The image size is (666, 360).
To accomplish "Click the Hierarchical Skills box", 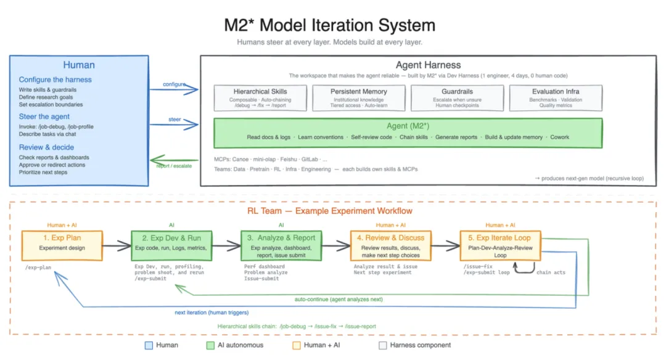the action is coord(260,98).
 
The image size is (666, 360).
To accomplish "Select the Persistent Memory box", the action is coord(359,98).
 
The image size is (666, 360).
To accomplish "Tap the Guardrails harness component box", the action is coord(457,98).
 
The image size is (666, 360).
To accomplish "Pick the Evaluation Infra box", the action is coord(556,98).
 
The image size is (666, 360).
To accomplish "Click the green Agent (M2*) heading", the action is coord(408,126).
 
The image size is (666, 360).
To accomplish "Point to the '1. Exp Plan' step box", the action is coord(62,245).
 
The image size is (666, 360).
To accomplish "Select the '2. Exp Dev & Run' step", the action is coord(171,245).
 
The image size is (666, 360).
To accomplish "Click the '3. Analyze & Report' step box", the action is coord(281,245).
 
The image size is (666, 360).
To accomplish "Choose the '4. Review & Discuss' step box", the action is coord(391,245).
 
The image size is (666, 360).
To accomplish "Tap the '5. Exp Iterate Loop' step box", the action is coord(500,245).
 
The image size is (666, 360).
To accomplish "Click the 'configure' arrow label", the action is coord(174,84).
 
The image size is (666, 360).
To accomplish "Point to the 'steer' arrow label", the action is coord(175,120).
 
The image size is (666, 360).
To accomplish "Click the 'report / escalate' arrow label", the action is coord(174,166).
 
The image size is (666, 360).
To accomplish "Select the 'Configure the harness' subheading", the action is coord(55,80).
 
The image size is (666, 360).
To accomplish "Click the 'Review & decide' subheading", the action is coord(46,147).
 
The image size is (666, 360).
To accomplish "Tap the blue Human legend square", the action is coord(149,346).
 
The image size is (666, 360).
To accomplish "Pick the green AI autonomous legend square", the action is coord(210,346).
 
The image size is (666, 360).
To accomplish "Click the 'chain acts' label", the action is coord(551,272).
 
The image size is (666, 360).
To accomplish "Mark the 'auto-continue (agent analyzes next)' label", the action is coord(339,300).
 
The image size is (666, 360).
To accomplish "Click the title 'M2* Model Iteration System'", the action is coord(329,25).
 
